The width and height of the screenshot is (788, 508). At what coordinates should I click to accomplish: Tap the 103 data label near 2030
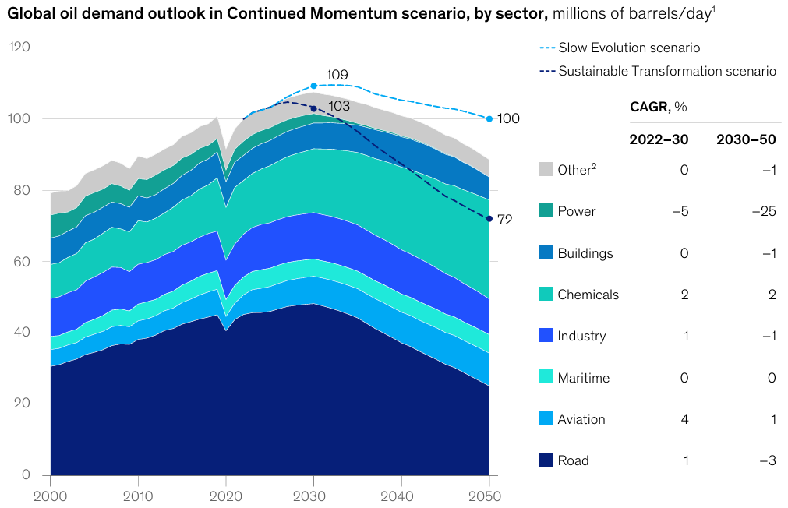click(x=339, y=106)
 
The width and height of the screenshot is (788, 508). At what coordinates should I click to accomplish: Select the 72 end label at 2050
click(x=504, y=220)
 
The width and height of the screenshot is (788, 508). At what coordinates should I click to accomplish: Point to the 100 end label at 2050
click(x=508, y=118)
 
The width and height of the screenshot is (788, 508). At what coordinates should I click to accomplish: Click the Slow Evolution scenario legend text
click(x=629, y=48)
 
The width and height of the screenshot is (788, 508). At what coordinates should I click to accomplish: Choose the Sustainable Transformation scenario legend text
click(x=667, y=71)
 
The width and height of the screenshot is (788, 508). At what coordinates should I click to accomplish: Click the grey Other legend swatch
click(x=546, y=170)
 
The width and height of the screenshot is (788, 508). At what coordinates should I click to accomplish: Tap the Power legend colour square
click(x=546, y=211)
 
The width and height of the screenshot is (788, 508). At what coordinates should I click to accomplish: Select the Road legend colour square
click(x=546, y=460)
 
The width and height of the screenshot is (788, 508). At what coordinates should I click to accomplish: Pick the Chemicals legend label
click(x=588, y=295)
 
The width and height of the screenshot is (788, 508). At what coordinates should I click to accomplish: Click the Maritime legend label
click(x=584, y=378)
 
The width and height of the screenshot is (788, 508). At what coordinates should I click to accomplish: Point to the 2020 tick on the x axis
click(x=226, y=496)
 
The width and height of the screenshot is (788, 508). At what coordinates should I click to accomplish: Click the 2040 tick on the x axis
click(x=401, y=496)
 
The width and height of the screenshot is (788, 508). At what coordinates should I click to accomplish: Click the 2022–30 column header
click(x=659, y=139)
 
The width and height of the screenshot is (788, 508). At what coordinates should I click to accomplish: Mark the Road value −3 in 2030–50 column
click(x=768, y=460)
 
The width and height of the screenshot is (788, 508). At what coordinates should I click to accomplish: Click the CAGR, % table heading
click(x=658, y=107)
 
